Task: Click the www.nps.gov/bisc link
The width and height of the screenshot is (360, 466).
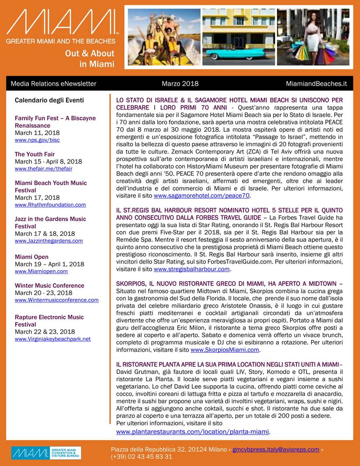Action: (x=37, y=140)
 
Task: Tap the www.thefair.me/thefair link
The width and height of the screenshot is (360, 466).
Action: (x=43, y=169)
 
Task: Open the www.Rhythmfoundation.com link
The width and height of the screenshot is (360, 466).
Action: (x=50, y=205)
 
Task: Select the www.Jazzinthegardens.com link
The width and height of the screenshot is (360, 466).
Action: (x=48, y=241)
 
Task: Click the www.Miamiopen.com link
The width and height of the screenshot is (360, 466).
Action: (x=41, y=271)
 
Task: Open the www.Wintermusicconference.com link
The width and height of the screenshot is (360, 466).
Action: (x=56, y=300)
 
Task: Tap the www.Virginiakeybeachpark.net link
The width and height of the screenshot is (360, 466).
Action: (x=52, y=339)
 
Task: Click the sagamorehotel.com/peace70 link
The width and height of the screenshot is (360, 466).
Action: (x=202, y=196)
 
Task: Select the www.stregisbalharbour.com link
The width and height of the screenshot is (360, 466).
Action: (x=191, y=269)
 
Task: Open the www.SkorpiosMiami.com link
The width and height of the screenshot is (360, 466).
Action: (x=225, y=350)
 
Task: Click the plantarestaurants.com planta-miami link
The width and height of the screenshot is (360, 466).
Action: (x=192, y=432)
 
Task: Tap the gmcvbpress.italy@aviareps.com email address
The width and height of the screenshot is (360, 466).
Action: (x=276, y=449)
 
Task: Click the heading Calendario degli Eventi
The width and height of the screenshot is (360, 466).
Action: (x=49, y=100)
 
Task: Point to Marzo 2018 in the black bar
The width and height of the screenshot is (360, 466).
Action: (x=180, y=83)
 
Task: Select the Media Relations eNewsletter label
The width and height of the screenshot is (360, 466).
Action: (x=53, y=83)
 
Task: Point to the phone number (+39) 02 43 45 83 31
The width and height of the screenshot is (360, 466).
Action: (x=142, y=457)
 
